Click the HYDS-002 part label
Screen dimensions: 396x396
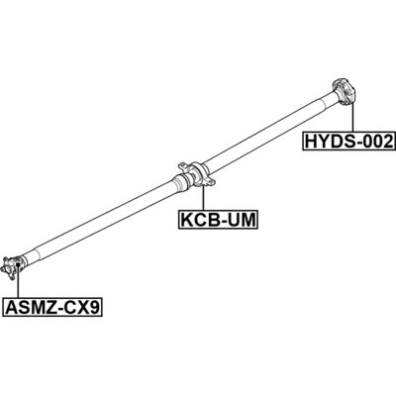tap(349, 142)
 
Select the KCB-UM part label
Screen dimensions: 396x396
tap(218, 219)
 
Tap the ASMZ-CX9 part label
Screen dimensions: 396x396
tap(52, 308)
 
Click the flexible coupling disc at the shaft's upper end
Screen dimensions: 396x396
tap(345, 92)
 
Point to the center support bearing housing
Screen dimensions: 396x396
tap(197, 175)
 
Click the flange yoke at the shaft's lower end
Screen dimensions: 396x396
tap(11, 268)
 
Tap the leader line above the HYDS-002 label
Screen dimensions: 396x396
tap(352, 118)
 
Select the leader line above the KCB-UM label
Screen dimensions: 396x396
tap(203, 198)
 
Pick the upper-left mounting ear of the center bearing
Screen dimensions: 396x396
tap(182, 166)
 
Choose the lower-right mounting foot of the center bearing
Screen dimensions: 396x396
tap(210, 182)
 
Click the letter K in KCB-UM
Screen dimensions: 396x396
tap(186, 220)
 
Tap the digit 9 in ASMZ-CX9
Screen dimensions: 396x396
tap(94, 308)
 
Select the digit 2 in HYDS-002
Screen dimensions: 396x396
tap(387, 142)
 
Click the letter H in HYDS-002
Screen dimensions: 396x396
tap(311, 142)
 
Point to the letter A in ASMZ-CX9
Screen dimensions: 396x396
tap(11, 308)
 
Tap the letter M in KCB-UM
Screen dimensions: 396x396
tap(247, 220)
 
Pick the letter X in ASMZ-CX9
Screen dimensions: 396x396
tap(83, 308)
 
